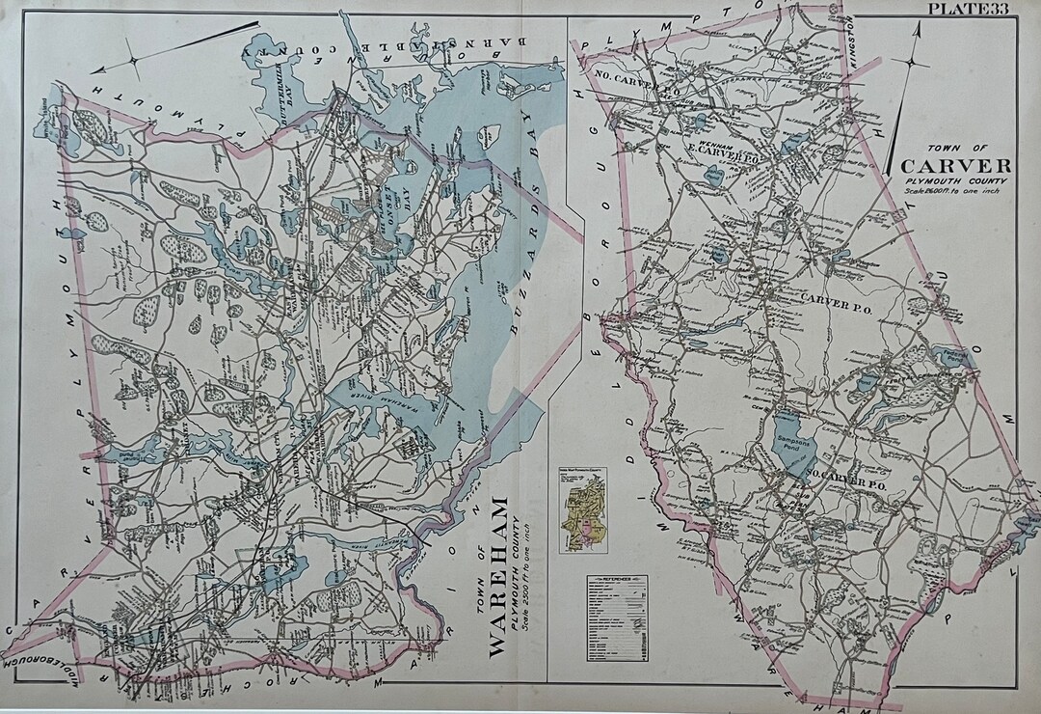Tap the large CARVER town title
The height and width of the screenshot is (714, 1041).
[955, 165]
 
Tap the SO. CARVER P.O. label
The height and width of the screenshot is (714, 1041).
[845, 485]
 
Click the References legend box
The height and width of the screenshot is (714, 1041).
[617, 618]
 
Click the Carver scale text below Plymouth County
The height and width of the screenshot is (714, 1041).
[953, 191]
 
